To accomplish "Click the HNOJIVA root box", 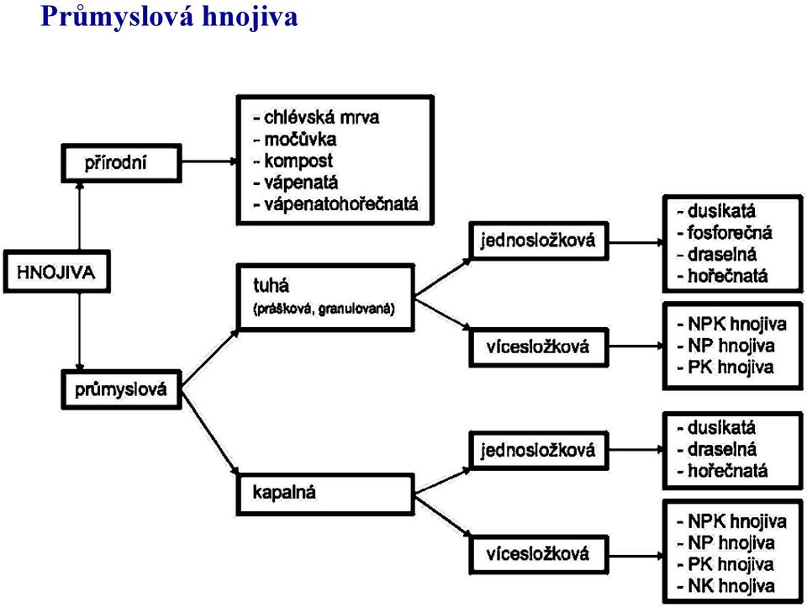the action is coord(56,272).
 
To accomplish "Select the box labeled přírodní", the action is coord(121,163).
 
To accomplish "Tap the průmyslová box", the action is coord(121,389).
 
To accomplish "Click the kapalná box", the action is coord(325,494).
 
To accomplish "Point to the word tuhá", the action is coord(271,285).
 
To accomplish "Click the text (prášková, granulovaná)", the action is coord(324,309).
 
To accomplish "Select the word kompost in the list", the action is coord(298,161).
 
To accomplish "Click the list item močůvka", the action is coord(300,139).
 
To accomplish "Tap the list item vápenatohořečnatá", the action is coord(340,204).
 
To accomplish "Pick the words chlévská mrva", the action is coord(321,118).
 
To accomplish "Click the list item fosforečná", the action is coord(730,233).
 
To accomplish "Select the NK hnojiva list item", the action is coord(731,586).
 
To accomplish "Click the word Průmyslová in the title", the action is coord(118,16).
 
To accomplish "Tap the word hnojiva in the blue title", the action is coord(251,17).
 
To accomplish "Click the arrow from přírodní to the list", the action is coord(209,161).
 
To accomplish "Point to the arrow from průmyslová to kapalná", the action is coord(210,432).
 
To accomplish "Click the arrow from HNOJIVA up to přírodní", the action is coord(80,217).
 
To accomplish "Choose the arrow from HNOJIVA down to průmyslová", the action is coord(80,331).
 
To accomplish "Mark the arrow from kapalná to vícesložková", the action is coord(443,515).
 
